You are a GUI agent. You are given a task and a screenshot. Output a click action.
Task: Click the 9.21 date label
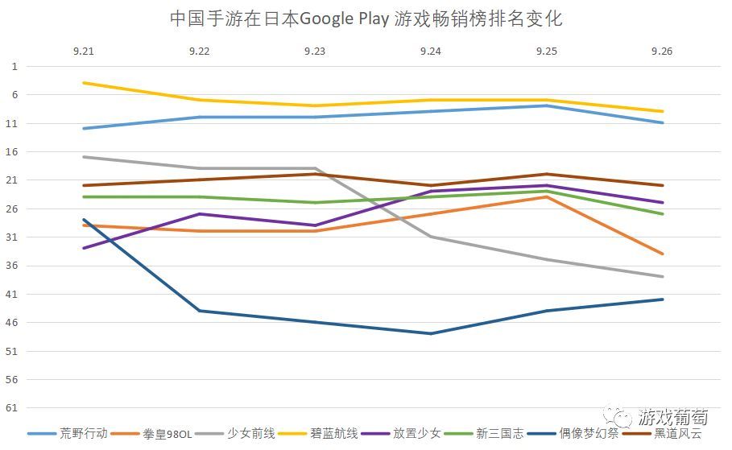point(83,51)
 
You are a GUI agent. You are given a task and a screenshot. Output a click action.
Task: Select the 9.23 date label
point(315,51)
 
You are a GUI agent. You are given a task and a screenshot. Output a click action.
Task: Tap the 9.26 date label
point(662,51)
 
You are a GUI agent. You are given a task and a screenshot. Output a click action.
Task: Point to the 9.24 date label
point(431,51)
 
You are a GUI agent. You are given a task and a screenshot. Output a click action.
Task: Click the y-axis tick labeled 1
point(14,66)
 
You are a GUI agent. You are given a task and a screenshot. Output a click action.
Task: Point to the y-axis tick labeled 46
point(14,323)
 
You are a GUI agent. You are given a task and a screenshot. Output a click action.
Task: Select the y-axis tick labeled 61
point(14,408)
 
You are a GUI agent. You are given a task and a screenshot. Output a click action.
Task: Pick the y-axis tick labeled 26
point(14,208)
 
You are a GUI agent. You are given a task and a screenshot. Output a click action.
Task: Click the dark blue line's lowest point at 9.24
point(431,333)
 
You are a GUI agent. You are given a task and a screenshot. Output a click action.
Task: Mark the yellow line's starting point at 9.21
point(83,83)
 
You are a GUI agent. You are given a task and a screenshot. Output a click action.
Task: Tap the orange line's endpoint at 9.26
point(662,254)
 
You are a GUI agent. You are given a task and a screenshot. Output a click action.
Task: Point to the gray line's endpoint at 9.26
point(662,276)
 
